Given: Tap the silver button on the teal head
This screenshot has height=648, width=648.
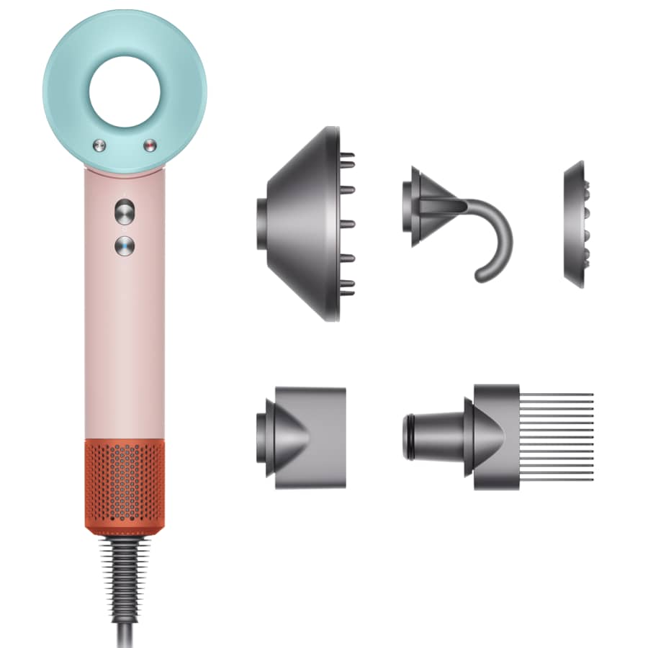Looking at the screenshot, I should (x=98, y=146).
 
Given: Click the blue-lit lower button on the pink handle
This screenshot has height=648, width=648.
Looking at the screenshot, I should (x=124, y=246).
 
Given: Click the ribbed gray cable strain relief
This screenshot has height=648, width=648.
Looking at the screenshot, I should (x=124, y=569).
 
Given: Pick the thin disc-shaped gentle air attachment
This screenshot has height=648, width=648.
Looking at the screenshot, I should (x=574, y=225).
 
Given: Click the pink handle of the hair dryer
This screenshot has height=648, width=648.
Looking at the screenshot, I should (x=124, y=338).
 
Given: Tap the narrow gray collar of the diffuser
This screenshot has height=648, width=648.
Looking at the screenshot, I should (x=262, y=223).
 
